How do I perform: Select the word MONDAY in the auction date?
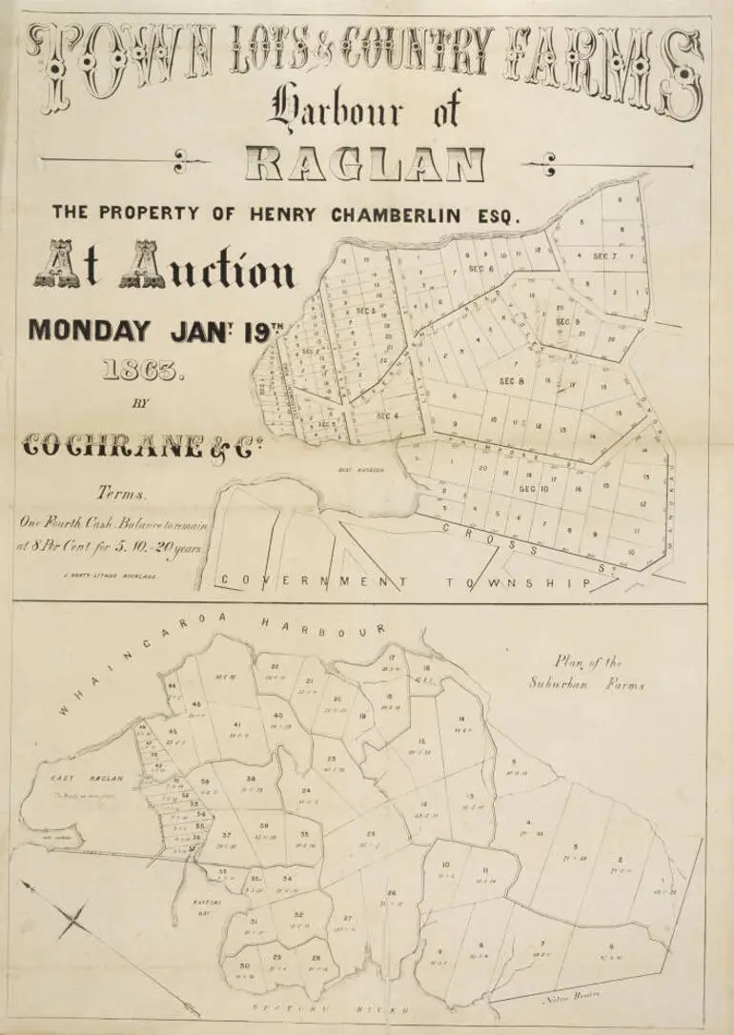point(90,331)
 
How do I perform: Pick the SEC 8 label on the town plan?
point(512,381)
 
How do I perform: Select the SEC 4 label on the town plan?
point(387,415)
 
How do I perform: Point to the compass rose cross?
point(74,921)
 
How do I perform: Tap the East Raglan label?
point(73,779)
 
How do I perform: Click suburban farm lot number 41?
point(235,726)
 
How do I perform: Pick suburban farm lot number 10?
point(445,867)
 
